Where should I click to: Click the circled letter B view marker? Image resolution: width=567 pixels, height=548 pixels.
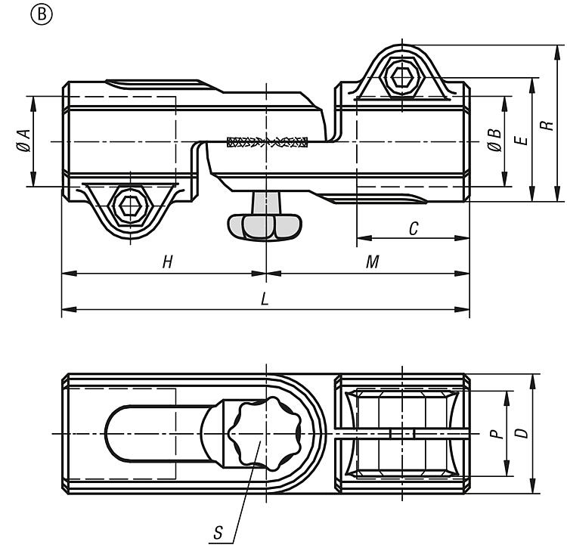pyautogui.click(x=42, y=15)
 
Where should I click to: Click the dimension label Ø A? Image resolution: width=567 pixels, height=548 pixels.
pyautogui.click(x=24, y=141)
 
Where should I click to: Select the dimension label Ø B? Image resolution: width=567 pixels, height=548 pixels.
pyautogui.click(x=494, y=141)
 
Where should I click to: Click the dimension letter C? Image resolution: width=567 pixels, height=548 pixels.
pyautogui.click(x=414, y=228)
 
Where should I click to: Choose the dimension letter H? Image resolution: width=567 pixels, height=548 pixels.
pyautogui.click(x=167, y=262)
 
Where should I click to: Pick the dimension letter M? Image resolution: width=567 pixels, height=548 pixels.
pyautogui.click(x=373, y=262)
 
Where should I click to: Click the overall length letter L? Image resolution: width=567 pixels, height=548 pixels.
pyautogui.click(x=265, y=299)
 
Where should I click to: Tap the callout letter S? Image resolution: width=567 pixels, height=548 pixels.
pyautogui.click(x=218, y=532)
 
